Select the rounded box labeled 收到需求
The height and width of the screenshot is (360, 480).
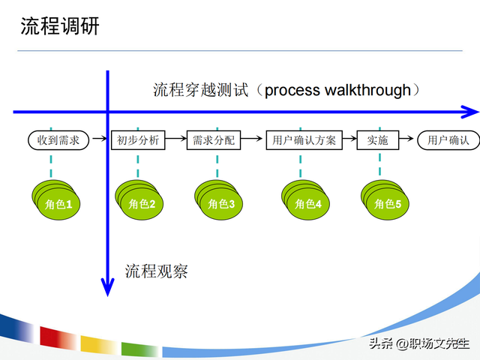[x=58, y=139]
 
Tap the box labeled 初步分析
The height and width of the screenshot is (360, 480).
[x=138, y=139]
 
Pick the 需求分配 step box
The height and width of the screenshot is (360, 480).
[x=214, y=139]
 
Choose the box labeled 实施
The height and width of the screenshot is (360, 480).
[x=377, y=139]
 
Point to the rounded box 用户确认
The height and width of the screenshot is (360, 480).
[x=448, y=139]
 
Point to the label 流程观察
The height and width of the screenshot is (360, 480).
[x=156, y=271]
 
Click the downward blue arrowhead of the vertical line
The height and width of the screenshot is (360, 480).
[x=108, y=286]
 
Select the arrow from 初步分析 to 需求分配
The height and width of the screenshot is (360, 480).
[x=175, y=139]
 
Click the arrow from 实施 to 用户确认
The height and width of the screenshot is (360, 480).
[x=407, y=139]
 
